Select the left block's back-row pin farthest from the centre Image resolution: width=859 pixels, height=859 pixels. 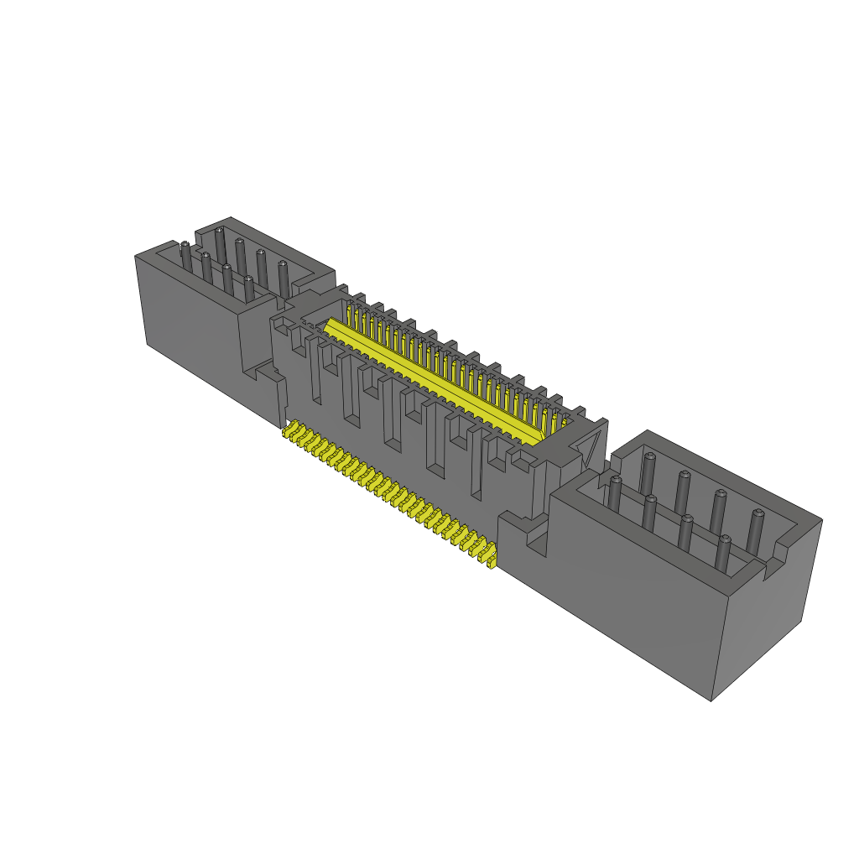tap(220, 241)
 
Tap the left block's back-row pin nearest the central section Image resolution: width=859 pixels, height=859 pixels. tap(282, 274)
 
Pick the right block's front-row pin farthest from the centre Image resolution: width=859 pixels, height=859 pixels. tap(723, 557)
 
